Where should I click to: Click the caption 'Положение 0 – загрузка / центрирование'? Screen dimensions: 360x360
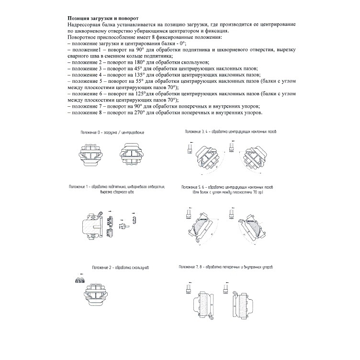[x=112, y=132]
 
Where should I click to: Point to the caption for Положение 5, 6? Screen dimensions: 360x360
[x=228, y=187]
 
